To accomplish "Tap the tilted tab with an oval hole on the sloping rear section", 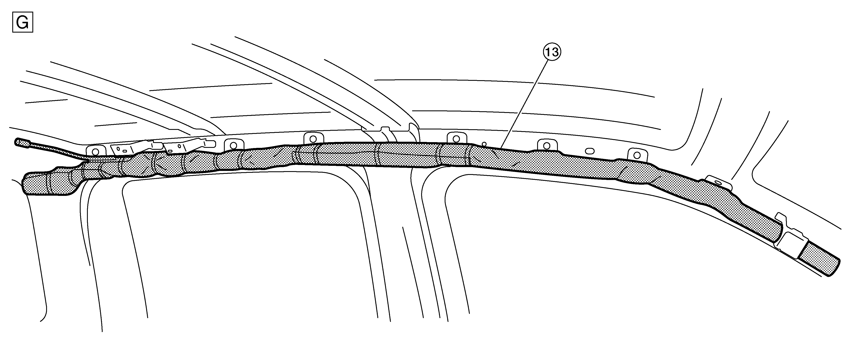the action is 718,183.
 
